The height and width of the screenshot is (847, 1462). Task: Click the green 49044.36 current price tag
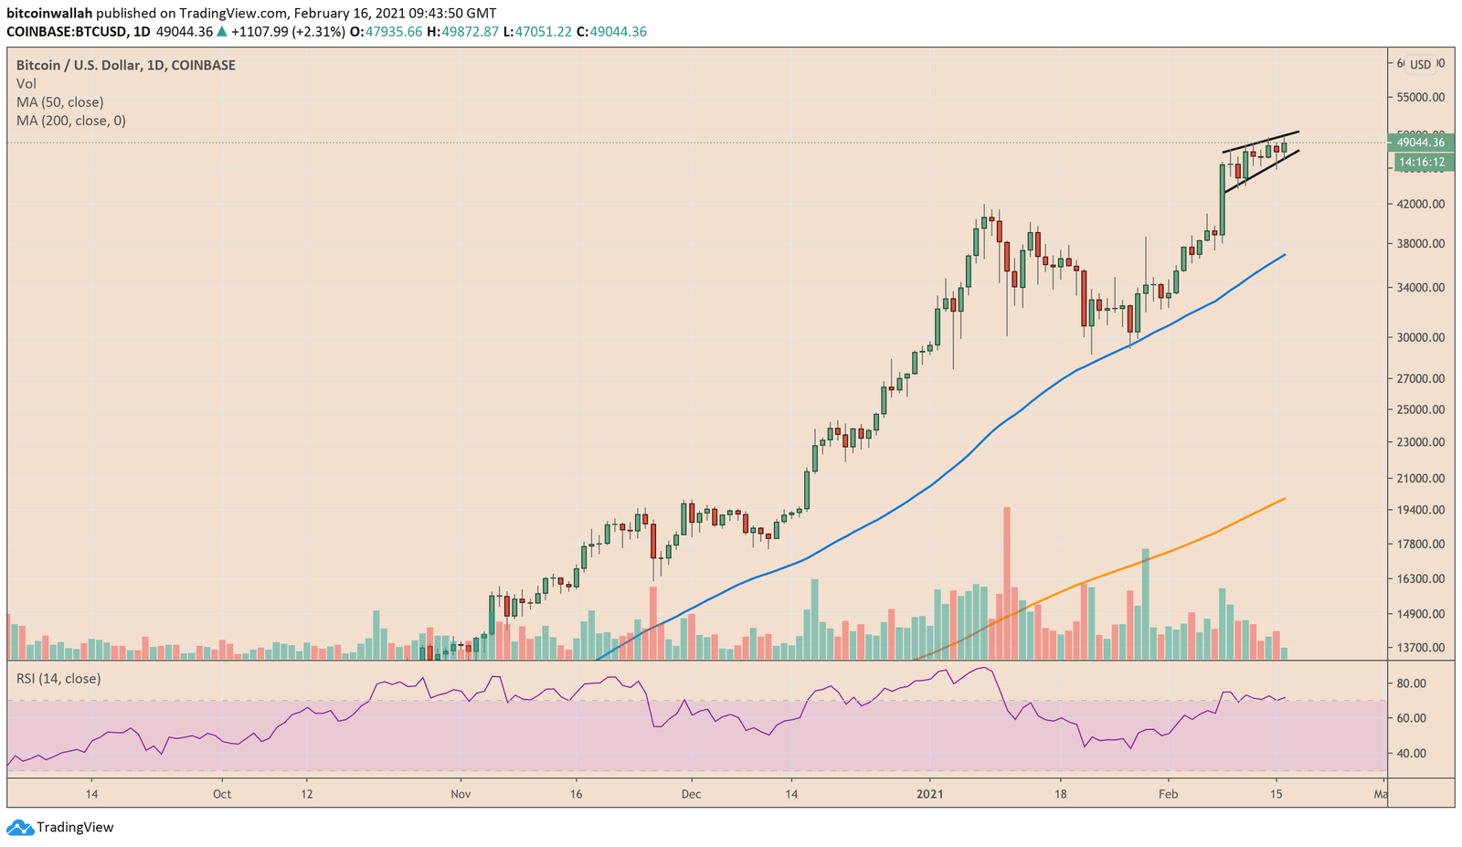click(x=1420, y=142)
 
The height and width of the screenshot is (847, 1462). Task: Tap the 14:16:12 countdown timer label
click(x=1420, y=162)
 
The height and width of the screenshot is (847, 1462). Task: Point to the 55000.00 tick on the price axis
click(x=1420, y=97)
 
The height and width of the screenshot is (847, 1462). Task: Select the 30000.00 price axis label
click(x=1420, y=337)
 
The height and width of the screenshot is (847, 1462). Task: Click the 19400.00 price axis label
click(x=1420, y=510)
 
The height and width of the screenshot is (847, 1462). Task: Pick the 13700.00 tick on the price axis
click(x=1420, y=648)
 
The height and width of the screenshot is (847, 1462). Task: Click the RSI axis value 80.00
click(x=1411, y=683)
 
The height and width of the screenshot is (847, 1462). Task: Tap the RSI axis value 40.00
click(x=1411, y=754)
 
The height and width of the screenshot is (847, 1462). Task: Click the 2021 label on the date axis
click(x=930, y=794)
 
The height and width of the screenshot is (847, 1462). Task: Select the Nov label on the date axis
click(x=461, y=794)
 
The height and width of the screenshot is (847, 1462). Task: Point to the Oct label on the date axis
click(x=222, y=794)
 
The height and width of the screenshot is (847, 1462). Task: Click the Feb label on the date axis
click(x=1168, y=794)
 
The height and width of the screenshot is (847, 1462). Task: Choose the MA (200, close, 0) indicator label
click(x=71, y=121)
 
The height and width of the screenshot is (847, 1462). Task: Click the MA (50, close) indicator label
click(x=59, y=102)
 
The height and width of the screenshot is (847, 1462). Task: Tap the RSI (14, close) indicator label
click(x=58, y=679)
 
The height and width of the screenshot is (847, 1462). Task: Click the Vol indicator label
click(x=26, y=84)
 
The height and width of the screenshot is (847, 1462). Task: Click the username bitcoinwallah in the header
click(x=49, y=14)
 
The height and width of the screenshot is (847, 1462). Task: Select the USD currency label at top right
click(x=1420, y=64)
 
